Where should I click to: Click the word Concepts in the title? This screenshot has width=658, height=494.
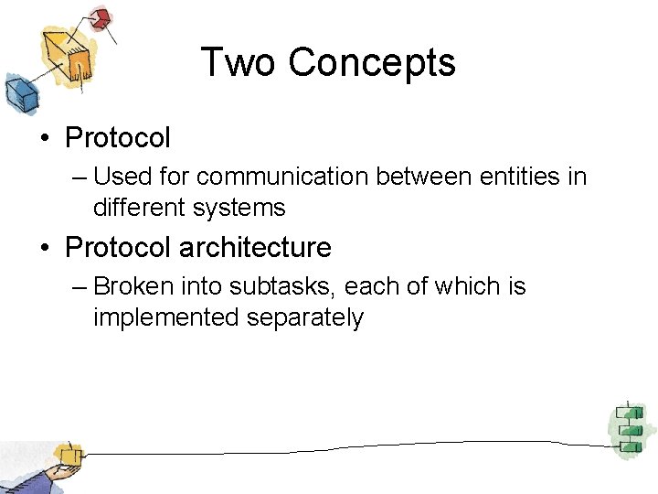(x=372, y=63)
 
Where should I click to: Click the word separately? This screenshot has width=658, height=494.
(x=305, y=318)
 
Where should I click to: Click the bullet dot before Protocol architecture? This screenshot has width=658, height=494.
(x=45, y=248)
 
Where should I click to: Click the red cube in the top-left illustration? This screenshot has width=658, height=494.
(x=101, y=17)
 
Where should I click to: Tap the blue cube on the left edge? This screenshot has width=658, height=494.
(x=17, y=91)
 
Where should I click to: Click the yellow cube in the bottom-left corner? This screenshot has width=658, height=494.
(x=67, y=455)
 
